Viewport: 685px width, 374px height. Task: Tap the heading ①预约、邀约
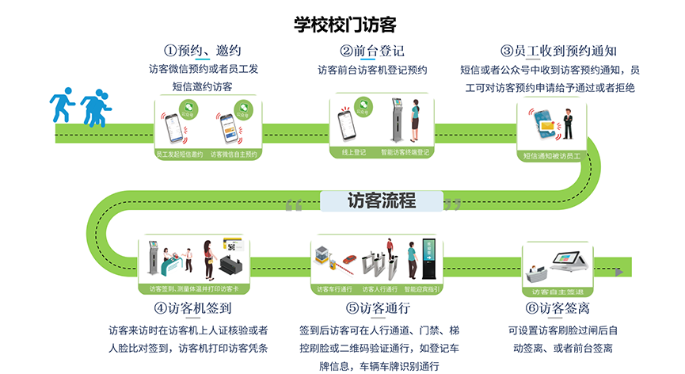point(202,50)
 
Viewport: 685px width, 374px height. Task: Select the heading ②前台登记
point(372,51)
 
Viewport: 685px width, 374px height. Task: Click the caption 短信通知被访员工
point(552,156)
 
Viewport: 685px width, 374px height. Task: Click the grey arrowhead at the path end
point(625,273)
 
